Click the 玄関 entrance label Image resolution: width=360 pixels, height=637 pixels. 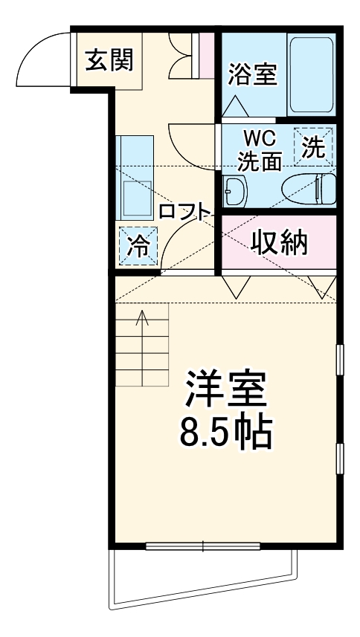coord(109,59)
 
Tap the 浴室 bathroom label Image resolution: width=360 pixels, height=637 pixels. coord(252,74)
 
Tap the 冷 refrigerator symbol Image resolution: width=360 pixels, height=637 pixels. coord(138,245)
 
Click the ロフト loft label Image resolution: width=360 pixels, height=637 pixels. coord(185,211)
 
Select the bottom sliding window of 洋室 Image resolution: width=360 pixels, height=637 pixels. coord(203,547)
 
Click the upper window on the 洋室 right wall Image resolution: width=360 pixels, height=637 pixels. coord(340,360)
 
